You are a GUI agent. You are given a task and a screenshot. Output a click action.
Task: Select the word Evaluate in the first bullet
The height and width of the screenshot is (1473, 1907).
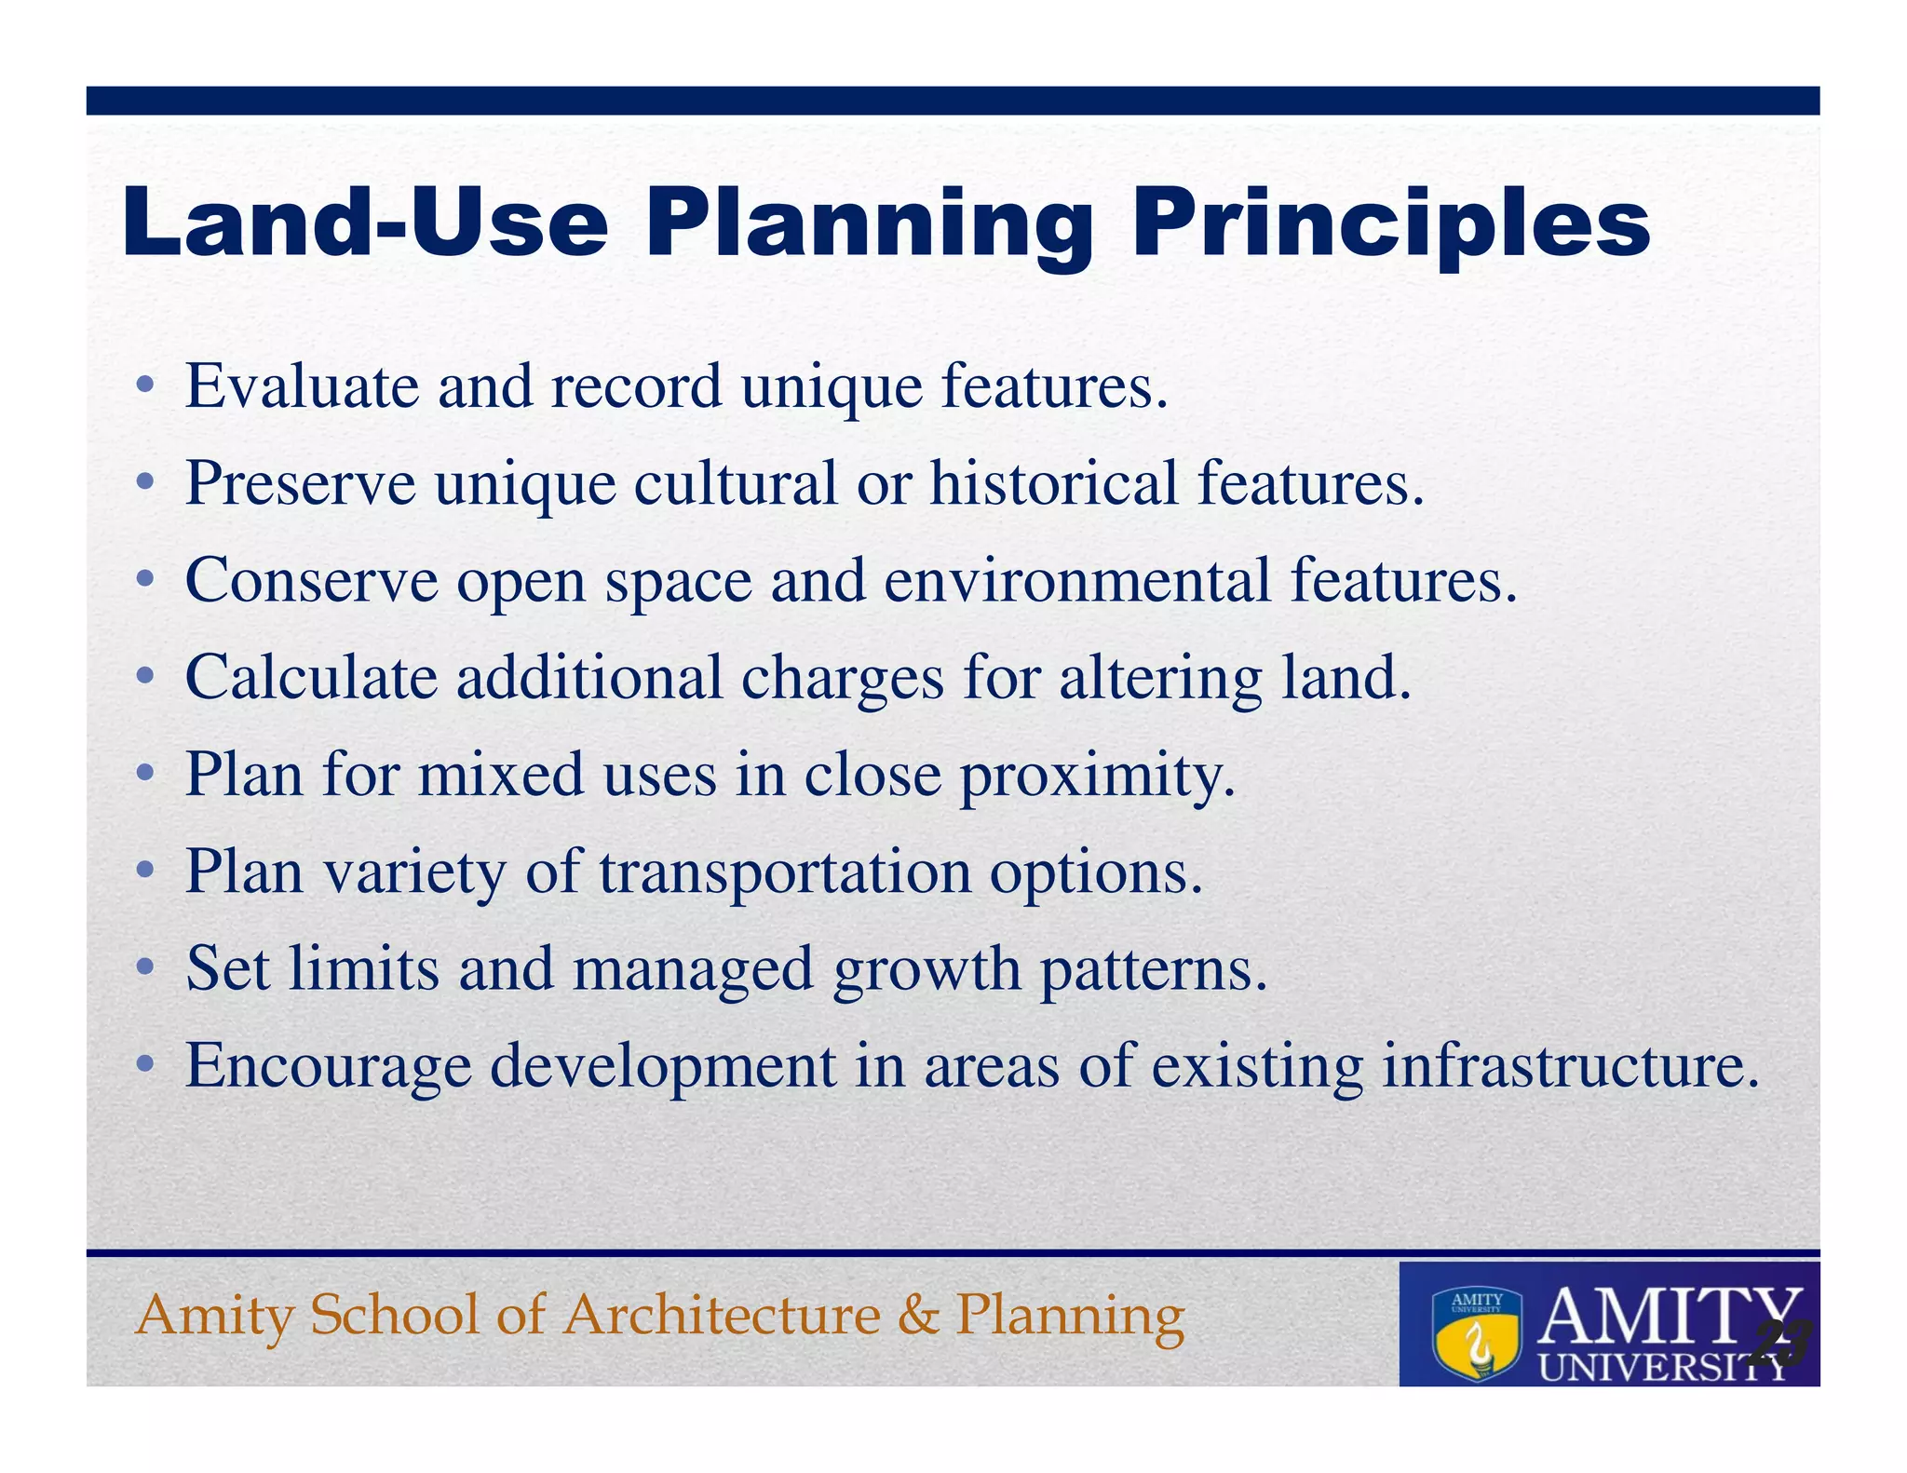point(302,385)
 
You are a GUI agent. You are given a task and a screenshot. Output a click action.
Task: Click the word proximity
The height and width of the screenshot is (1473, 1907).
point(1097,776)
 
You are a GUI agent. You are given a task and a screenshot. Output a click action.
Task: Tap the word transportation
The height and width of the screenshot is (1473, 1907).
point(784,872)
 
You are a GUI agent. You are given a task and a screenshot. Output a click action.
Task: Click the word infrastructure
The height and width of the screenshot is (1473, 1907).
point(1571,1065)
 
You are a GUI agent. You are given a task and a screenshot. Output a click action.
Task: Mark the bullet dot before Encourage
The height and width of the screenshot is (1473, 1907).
point(143,1065)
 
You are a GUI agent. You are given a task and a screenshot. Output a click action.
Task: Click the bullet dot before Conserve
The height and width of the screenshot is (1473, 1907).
point(143,580)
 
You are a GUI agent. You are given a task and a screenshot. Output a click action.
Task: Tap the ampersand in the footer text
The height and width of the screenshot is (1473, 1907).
point(918,1315)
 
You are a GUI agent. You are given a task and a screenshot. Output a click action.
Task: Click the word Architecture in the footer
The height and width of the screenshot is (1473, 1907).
point(722,1315)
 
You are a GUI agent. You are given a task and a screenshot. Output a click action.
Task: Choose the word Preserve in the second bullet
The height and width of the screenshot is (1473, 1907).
point(300,483)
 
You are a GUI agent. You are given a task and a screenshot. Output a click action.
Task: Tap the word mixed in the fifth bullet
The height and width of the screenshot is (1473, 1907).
point(500,775)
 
